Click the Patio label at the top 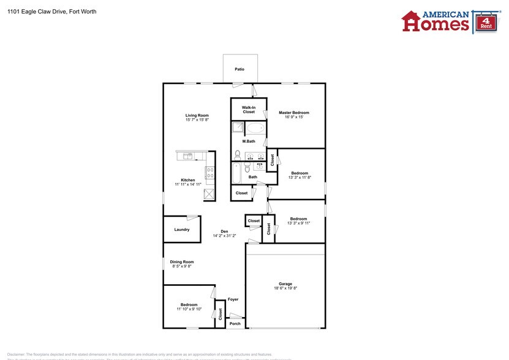click(239, 69)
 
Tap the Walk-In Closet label click(248, 110)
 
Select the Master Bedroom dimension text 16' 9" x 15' click(294, 118)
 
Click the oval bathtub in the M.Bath click(256, 129)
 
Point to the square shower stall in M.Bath click(237, 128)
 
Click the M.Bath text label click(249, 141)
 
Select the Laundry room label click(182, 230)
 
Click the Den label click(224, 231)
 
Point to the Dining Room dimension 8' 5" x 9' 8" click(181, 266)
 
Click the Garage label click(285, 283)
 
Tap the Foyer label click(233, 299)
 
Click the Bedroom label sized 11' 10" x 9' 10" click(189, 304)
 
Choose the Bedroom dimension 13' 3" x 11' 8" click(300, 178)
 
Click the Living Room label click(197, 115)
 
